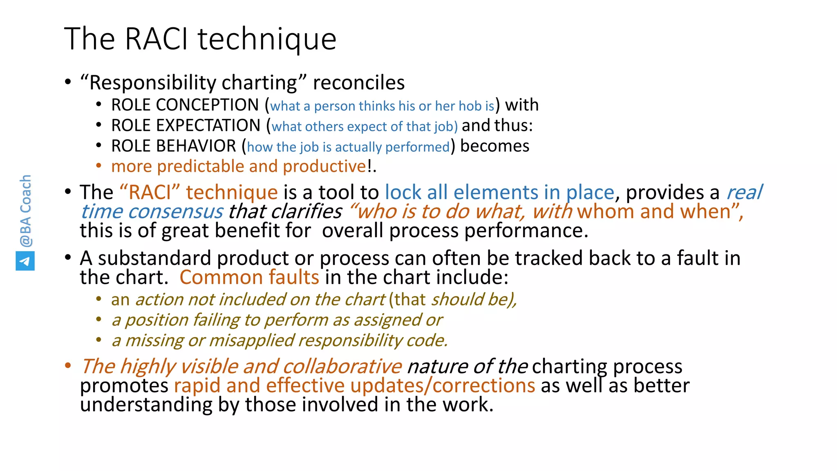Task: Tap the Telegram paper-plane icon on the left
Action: coord(25,261)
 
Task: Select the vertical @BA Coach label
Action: coord(25,211)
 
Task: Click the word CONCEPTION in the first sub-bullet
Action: coord(207,105)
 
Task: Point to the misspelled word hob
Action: coord(470,106)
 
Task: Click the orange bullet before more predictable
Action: coord(98,166)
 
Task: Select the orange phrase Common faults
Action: coord(249,278)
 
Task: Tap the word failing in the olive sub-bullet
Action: coord(215,320)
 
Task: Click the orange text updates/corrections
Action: coord(442,386)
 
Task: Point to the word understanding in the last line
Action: coord(146,405)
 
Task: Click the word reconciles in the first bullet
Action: coord(358,83)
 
